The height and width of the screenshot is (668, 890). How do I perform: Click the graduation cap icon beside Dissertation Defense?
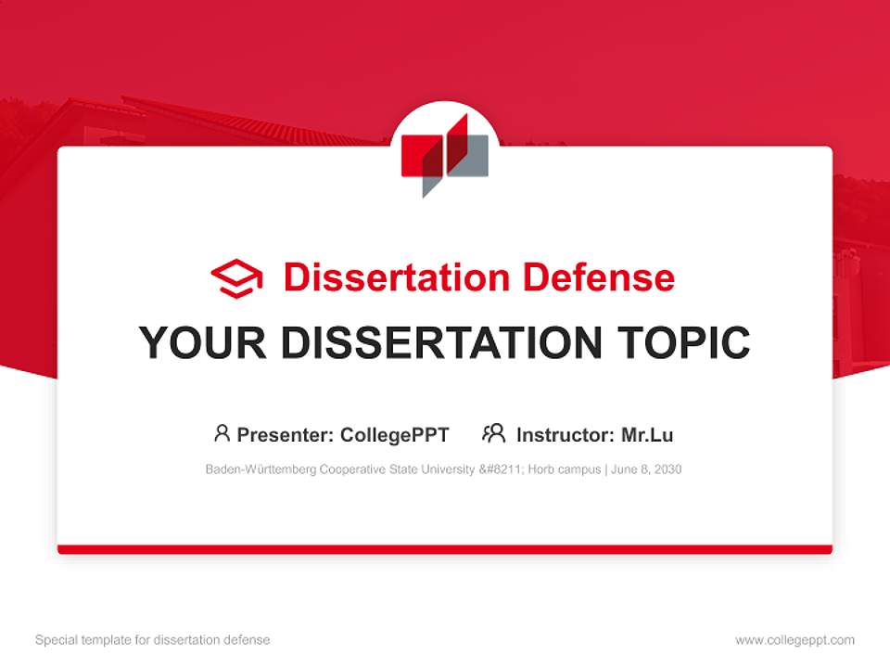pyautogui.click(x=237, y=277)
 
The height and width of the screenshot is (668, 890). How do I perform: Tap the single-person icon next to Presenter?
pyautogui.click(x=222, y=433)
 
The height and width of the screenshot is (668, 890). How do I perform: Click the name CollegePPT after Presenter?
pyautogui.click(x=395, y=434)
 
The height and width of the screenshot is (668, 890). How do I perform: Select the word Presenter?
pyautogui.click(x=286, y=434)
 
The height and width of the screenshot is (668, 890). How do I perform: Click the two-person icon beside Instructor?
pyautogui.click(x=494, y=433)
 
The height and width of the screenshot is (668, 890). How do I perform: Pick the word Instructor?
pyautogui.click(x=565, y=434)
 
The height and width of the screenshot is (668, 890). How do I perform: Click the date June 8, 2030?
pyautogui.click(x=647, y=469)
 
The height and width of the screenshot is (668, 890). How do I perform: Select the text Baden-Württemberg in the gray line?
pyautogui.click(x=261, y=469)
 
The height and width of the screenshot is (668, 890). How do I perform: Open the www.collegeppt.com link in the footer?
pyautogui.click(x=795, y=640)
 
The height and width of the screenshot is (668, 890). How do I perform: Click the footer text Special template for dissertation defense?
pyautogui.click(x=153, y=640)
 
